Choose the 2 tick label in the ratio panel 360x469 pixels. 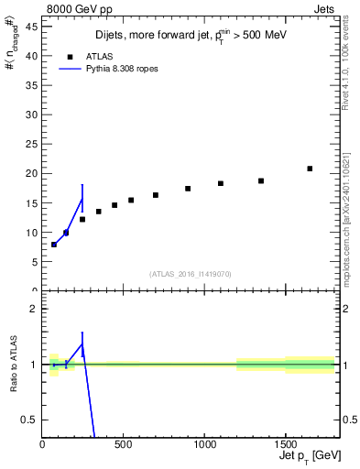click(36, 309)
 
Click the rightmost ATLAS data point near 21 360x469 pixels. click(310, 169)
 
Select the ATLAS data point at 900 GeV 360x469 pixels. click(188, 189)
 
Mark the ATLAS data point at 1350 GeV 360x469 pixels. click(261, 180)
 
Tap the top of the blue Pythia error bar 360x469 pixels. click(82, 185)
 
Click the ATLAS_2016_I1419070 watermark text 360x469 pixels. click(190, 274)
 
